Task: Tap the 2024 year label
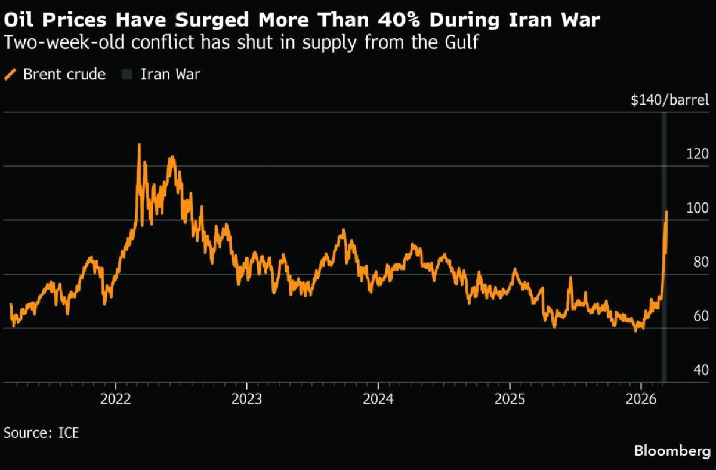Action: [x=378, y=399]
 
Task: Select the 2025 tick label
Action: [x=510, y=399]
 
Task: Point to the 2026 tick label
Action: [x=641, y=399]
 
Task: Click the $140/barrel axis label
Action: [x=670, y=100]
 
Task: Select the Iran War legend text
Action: [x=170, y=75]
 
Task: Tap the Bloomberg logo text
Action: [x=672, y=451]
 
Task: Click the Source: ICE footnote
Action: [x=41, y=432]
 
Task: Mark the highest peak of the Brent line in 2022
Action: [x=139, y=145]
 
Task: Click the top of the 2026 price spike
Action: [x=666, y=211]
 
